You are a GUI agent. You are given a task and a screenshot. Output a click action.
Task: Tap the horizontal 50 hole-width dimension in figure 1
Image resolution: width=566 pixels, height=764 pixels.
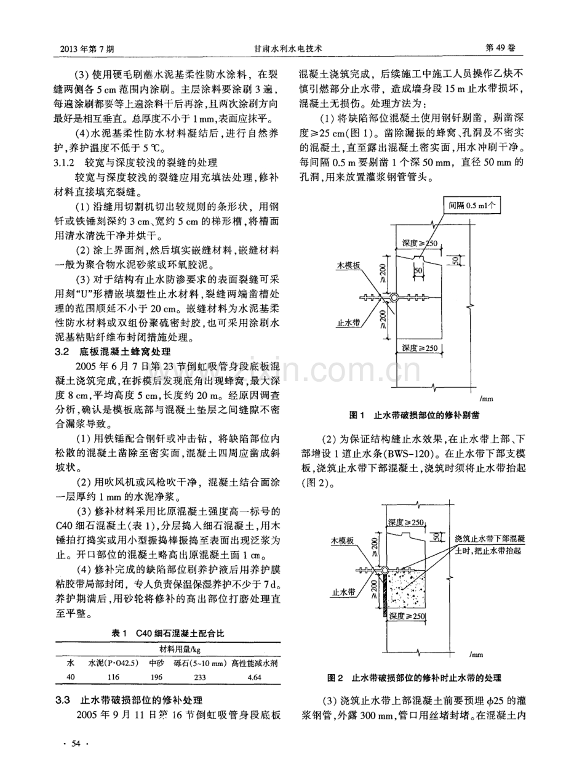click(418, 270)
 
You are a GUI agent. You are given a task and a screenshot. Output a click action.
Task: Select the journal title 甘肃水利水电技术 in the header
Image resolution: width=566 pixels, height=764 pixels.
click(283, 46)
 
